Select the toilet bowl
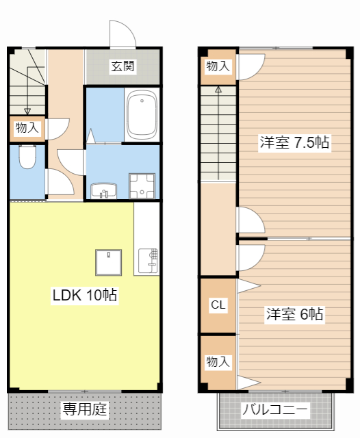pos(27,157)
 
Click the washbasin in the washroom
pos(103,190)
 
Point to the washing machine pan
pos(143,184)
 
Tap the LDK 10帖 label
pos(85,295)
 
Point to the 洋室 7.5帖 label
pos(294,143)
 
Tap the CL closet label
pos(218,305)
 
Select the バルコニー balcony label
pos(274,411)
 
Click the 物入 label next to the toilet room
pos(27,127)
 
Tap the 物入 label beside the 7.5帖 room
pos(218,66)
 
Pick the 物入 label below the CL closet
pos(218,362)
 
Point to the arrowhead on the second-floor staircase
pos(218,89)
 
